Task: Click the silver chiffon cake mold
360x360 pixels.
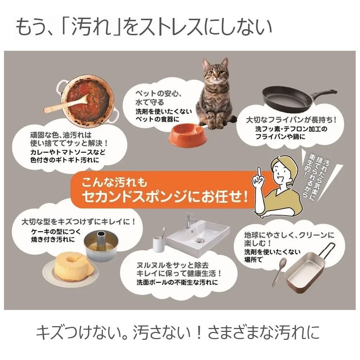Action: (102, 245)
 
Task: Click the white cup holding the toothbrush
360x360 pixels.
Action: (159, 246)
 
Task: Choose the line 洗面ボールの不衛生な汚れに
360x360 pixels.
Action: (177, 282)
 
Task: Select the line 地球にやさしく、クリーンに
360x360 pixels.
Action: (289, 235)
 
